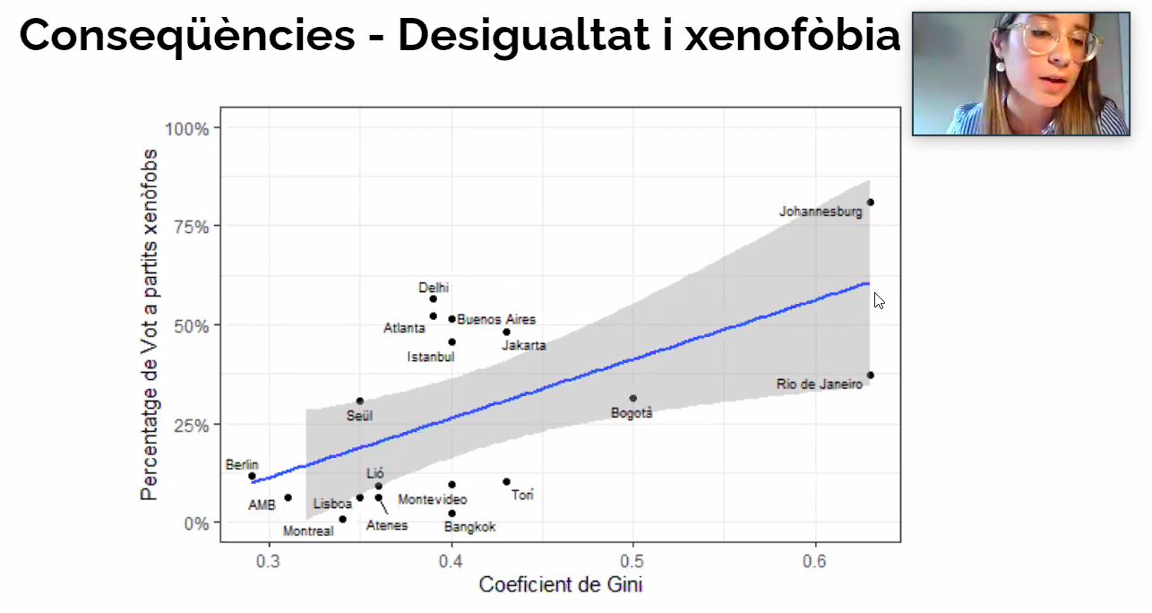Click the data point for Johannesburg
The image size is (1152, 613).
pos(870,203)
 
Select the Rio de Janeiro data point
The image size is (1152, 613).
pos(870,376)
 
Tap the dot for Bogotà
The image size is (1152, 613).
pos(633,399)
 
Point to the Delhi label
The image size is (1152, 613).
pos(434,287)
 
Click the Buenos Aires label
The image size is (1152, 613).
pos(496,319)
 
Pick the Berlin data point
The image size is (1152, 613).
pos(252,476)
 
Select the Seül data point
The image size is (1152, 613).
pos(360,401)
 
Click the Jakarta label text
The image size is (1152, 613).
pos(523,345)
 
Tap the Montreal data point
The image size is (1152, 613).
pos(342,519)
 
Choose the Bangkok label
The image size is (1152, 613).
pos(470,527)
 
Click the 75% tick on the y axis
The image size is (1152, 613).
pos(192,227)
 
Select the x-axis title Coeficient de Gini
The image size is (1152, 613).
pos(561,584)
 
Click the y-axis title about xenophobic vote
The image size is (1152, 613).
pos(149,324)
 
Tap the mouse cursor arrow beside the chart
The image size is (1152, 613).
pos(879,300)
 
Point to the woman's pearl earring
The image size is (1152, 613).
pos(1001,67)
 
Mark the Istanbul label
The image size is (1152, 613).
pos(431,357)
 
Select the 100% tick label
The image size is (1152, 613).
pos(186,129)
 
